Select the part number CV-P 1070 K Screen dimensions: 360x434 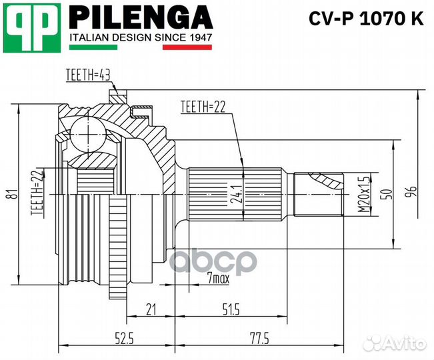coord(365,19)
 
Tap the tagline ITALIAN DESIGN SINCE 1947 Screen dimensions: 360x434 coord(141,37)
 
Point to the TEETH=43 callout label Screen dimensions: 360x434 coord(87,75)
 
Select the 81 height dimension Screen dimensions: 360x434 coord(11,194)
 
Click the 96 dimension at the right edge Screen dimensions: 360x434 coord(413,192)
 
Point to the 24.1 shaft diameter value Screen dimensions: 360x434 coord(235,195)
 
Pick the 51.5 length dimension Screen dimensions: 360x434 coord(231,309)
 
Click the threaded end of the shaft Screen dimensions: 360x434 coord(319,195)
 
